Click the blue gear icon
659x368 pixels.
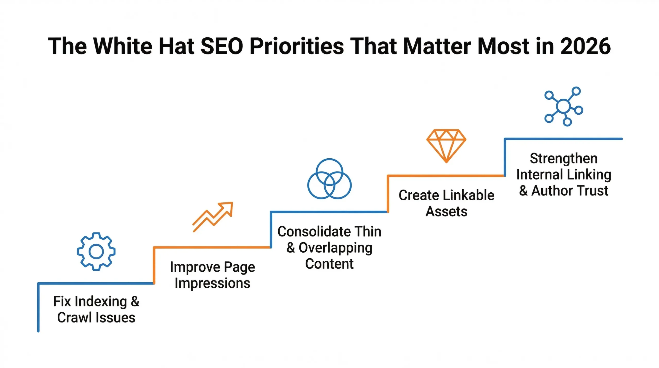pos(96,252)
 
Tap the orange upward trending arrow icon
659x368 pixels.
pos(213,217)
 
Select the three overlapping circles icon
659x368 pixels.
pos(329,179)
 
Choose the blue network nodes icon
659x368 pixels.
pos(563,106)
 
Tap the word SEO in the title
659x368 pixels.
pos(222,46)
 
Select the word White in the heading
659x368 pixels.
pos(123,46)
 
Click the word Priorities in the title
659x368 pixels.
pos(297,46)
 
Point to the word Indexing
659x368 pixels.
pos(101,301)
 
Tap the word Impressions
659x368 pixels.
pos(212,283)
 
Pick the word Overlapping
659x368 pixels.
pos(335,248)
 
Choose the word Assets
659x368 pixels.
pos(446,212)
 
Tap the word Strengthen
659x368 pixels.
pos(563,158)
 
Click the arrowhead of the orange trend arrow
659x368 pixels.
pos(228,207)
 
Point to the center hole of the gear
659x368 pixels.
pos(96,252)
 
